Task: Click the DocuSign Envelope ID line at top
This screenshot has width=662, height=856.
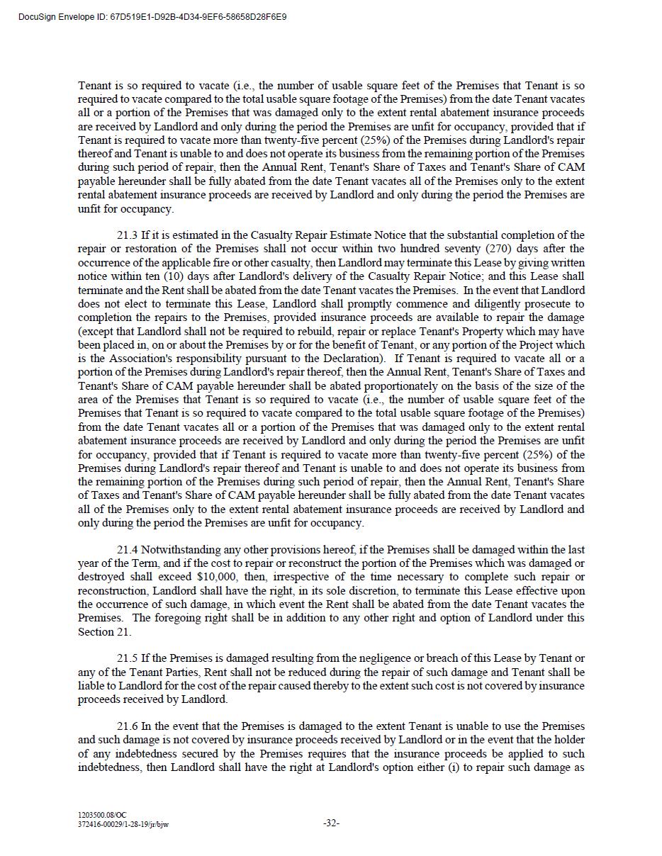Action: point(153,16)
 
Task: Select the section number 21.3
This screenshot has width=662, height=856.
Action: point(128,235)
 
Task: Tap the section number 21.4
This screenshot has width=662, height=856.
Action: point(128,550)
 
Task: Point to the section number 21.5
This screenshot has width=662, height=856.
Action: point(128,659)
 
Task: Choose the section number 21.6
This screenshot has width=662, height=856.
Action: point(128,726)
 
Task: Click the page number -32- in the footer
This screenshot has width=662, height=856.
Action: point(331,823)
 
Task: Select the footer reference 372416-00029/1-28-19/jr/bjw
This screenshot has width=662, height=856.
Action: point(123,825)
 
